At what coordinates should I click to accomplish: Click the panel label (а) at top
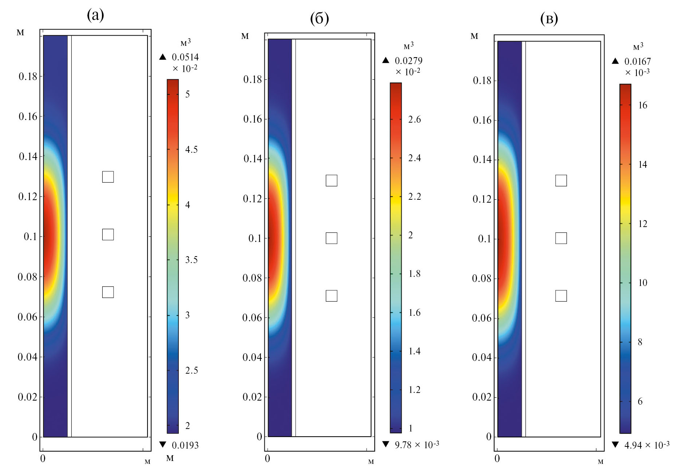pos(95,15)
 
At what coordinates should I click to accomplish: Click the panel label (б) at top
pos(319,18)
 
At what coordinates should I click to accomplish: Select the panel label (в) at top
pos(549,19)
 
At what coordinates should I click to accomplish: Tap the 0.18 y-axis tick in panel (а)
pos(28,76)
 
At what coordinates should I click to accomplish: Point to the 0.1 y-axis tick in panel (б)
pos(255,238)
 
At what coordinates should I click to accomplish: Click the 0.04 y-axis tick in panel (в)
pos(482,357)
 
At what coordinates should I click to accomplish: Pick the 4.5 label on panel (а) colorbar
pos(192,150)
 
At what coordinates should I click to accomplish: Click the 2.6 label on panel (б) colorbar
pos(414,119)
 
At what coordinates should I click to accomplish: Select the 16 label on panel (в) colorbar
pos(643,105)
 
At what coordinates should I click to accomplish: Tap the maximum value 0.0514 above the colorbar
pos(185,57)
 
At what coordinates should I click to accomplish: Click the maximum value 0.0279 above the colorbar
pos(409,61)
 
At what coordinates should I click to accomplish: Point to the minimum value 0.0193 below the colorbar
pos(185,445)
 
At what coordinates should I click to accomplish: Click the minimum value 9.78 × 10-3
pos(417,445)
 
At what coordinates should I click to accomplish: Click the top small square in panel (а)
pos(108,177)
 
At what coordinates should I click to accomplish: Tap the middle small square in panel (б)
pos(331,238)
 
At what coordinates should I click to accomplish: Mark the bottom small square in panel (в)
pos(561,296)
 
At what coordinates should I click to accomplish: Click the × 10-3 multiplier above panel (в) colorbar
pos(637,72)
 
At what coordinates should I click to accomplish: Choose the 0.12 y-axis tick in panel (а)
pos(28,196)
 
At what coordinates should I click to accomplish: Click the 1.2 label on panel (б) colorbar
pos(414,390)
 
